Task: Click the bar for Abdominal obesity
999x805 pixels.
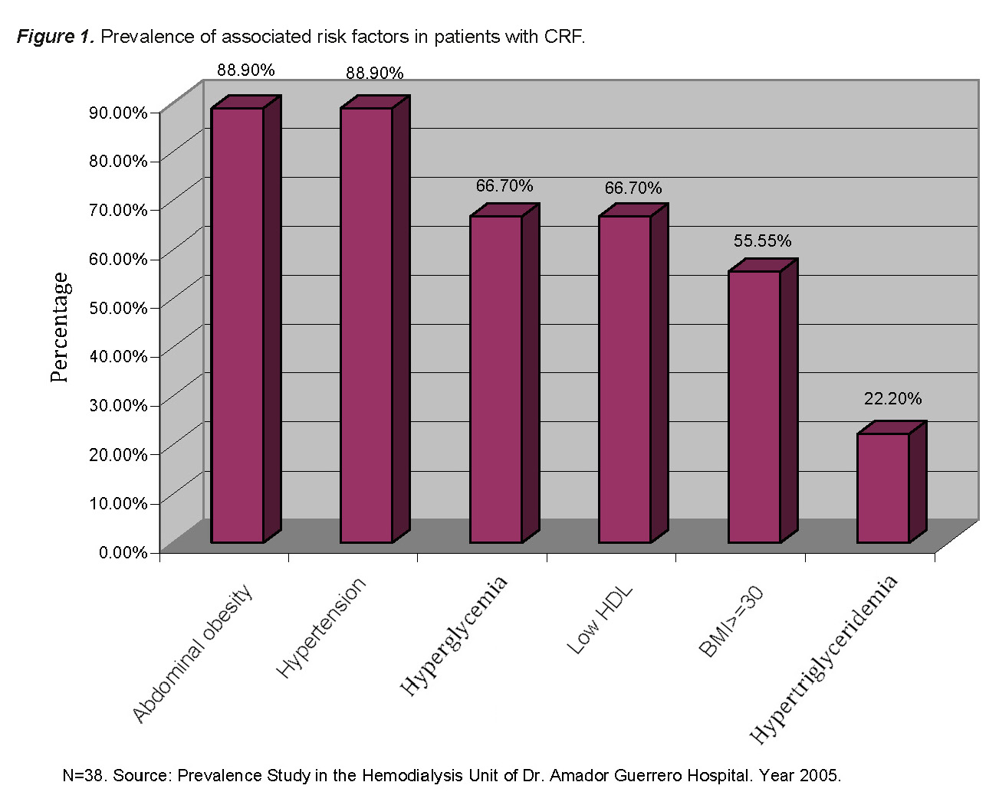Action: [238, 326]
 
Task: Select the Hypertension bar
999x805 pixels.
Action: [366, 326]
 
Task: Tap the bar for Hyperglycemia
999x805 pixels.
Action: [496, 379]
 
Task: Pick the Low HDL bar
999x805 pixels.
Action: [625, 379]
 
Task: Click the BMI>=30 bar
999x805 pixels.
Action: [754, 407]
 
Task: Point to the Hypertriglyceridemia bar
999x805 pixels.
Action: [883, 488]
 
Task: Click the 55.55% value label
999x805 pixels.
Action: [762, 241]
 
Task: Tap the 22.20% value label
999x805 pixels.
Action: [892, 398]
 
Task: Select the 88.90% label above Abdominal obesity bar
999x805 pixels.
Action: [245, 70]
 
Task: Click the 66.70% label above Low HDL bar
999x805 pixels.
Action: [633, 188]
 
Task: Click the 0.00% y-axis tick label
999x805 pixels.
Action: [123, 552]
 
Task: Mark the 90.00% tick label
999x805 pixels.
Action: [118, 113]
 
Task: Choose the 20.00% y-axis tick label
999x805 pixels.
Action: [118, 454]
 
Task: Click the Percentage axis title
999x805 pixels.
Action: [60, 327]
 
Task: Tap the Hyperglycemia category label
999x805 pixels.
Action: [454, 636]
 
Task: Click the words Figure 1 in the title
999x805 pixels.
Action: [55, 36]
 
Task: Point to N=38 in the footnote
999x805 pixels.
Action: [84, 775]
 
